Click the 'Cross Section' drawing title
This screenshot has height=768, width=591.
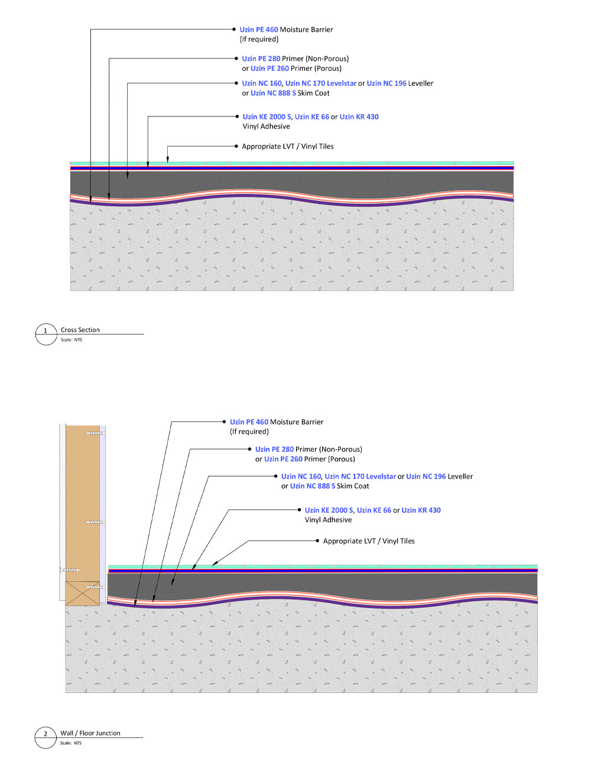pos(80,330)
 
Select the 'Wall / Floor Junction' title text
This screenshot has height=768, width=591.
pos(90,733)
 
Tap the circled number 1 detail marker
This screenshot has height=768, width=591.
pos(46,334)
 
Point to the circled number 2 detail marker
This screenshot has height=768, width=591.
pos(46,737)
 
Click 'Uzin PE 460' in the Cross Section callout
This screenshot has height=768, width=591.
pos(259,30)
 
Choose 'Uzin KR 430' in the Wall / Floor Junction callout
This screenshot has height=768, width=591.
pos(421,510)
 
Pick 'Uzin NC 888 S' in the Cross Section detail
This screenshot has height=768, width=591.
pos(273,93)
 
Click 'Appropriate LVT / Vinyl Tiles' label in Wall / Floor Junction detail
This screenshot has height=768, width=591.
pos(369,541)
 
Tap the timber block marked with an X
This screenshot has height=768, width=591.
pos(82,593)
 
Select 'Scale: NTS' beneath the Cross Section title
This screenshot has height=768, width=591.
pos(72,340)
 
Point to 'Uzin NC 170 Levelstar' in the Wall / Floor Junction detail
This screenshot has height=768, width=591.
pos(360,476)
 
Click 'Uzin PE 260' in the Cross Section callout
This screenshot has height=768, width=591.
pos(269,68)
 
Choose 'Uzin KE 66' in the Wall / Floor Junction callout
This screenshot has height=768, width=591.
pos(374,510)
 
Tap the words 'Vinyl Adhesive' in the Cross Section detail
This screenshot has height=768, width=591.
pos(266,126)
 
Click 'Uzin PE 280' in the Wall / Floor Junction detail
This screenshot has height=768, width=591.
pos(274,449)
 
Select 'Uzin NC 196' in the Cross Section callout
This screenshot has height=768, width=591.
pos(387,83)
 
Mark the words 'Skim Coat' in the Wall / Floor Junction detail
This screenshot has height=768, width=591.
pos(353,486)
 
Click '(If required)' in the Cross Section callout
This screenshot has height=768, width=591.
pos(259,39)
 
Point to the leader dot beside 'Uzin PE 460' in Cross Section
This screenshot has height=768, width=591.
pos(234,30)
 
